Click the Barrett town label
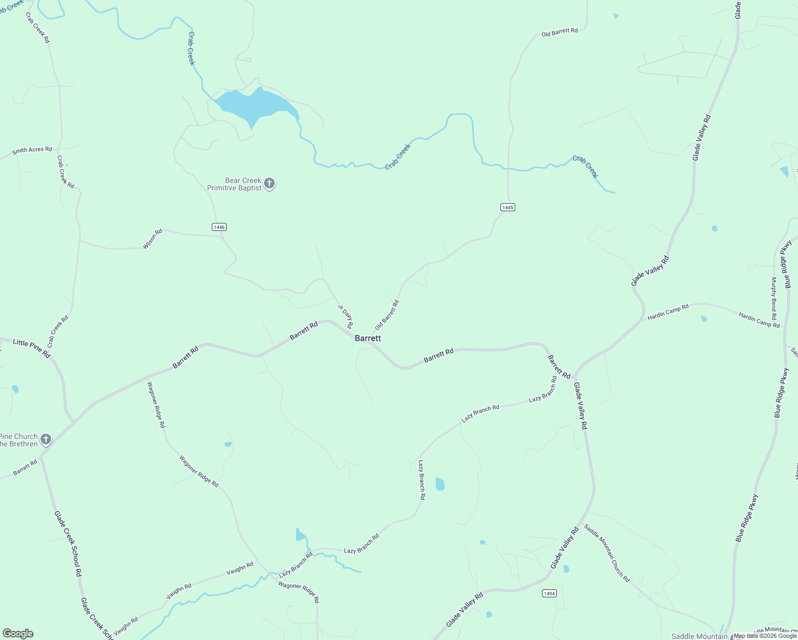point(368,338)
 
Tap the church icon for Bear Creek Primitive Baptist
point(270,184)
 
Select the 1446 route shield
point(219,227)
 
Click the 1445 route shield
point(508,207)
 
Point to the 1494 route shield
point(549,593)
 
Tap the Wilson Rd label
point(153,239)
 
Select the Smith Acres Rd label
point(32,150)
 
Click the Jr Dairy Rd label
point(346,316)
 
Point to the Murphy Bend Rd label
point(774,298)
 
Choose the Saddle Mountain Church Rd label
point(607,553)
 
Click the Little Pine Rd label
point(31,349)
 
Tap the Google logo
point(18,634)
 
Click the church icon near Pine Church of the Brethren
point(46,439)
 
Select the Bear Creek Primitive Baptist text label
point(235,184)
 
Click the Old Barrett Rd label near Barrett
point(387,315)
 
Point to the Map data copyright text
point(765,636)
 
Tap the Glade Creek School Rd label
point(68,543)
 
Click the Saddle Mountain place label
point(699,636)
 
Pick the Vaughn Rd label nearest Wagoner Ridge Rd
point(240,569)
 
